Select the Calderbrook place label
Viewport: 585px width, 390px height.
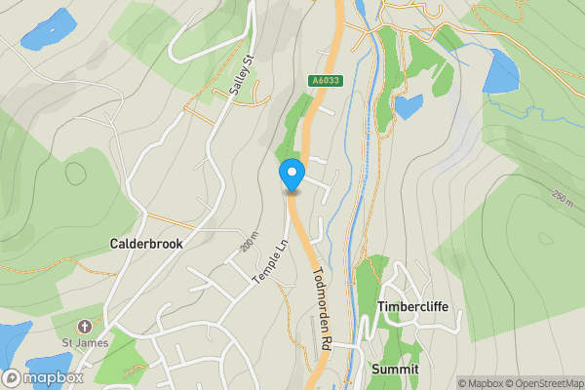tap(146, 243)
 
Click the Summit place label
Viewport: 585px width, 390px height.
tap(395, 370)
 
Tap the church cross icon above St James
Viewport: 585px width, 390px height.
tap(84, 326)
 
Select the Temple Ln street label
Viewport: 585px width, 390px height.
tap(271, 262)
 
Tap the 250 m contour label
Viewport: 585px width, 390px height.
tap(562, 198)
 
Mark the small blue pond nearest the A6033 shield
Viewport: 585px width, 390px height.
tap(409, 105)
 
